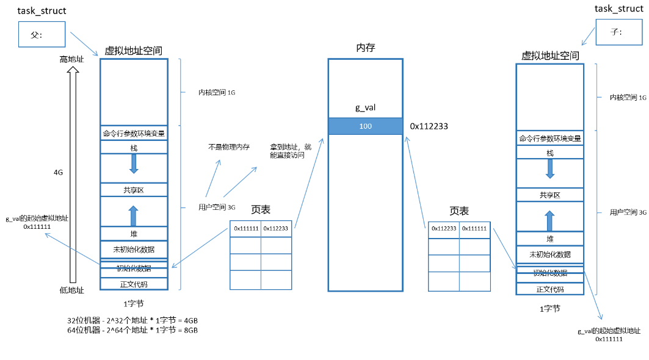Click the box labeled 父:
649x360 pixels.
tap(41, 34)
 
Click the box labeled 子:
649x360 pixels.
tap(617, 32)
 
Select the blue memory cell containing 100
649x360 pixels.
tap(365, 126)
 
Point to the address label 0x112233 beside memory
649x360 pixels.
tap(429, 126)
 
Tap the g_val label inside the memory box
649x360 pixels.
tap(365, 108)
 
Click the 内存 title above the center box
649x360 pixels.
tap(365, 48)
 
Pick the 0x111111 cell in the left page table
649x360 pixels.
tap(246, 228)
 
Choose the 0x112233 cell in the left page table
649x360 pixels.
tap(277, 228)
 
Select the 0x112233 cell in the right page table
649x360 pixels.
tap(443, 228)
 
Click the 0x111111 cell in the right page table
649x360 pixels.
tap(474, 228)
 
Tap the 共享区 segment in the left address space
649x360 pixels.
tap(133, 190)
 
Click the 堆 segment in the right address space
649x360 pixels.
tap(549, 239)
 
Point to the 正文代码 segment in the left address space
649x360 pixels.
tap(133, 284)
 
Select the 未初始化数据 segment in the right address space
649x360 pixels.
tap(549, 254)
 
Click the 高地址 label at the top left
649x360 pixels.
tap(71, 59)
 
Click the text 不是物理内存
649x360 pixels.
tap(229, 147)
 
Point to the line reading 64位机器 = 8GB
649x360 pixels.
tap(132, 330)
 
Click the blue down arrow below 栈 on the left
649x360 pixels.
tap(134, 163)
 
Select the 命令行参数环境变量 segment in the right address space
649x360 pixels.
tap(549, 139)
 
